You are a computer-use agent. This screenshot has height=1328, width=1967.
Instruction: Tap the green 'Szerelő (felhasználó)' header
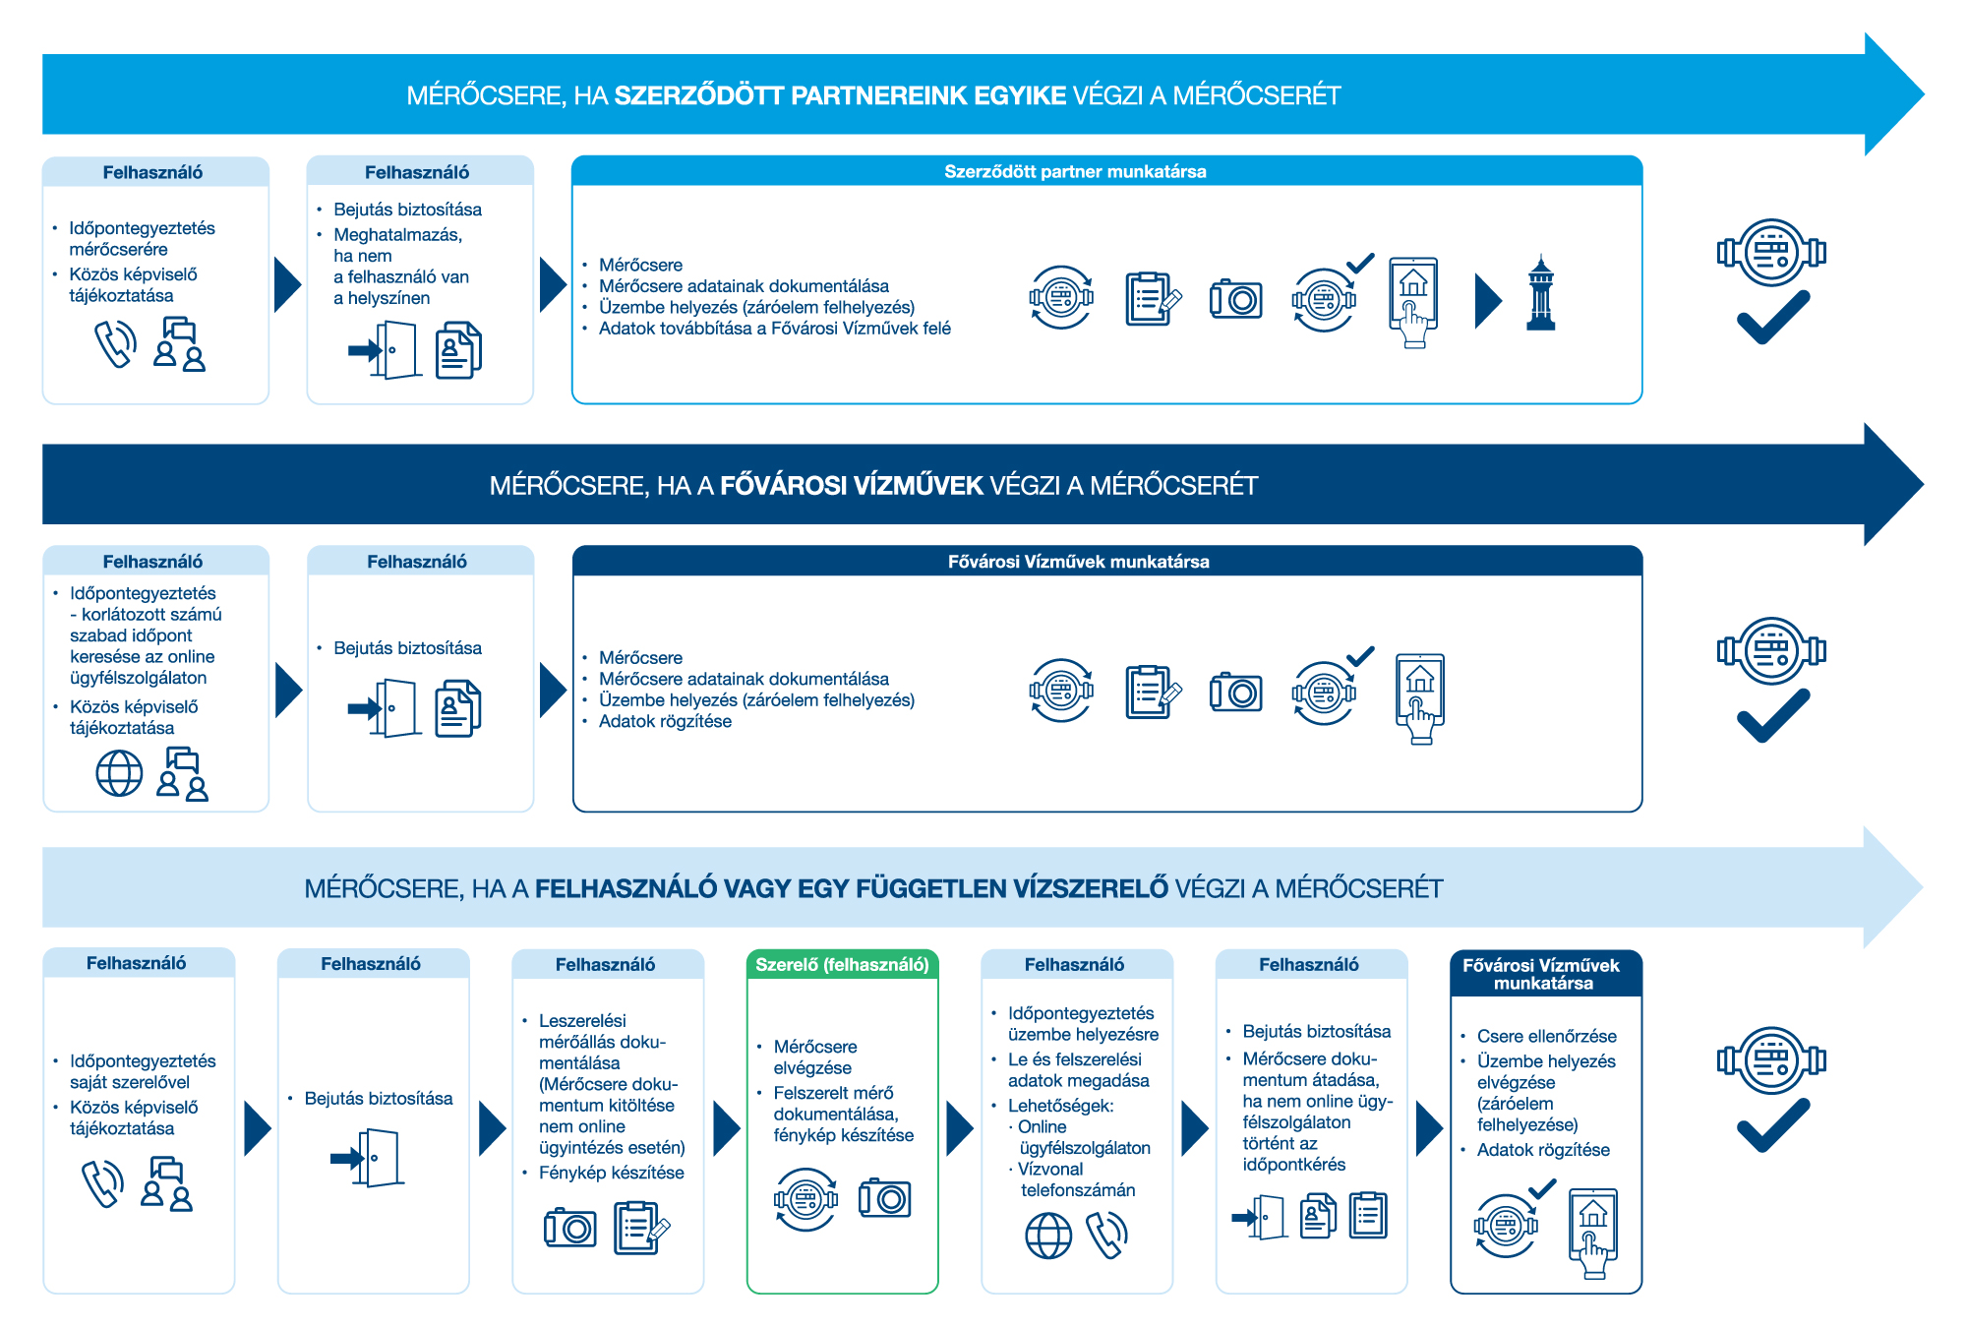click(x=842, y=965)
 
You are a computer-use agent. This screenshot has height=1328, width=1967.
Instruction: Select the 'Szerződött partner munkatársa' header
click(x=1075, y=171)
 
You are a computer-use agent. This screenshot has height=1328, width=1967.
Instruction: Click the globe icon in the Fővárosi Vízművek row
click(x=119, y=773)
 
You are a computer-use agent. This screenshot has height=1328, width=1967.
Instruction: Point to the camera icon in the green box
click(x=884, y=1198)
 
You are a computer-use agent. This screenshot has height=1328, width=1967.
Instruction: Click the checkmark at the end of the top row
click(x=1772, y=317)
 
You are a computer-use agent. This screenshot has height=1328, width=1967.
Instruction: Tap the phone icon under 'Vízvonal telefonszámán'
click(x=1106, y=1236)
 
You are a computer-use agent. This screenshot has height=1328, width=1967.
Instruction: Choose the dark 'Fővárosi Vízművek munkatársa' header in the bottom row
click(x=1544, y=974)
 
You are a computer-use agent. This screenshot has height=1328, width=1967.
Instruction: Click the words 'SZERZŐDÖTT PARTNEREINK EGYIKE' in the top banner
click(x=840, y=95)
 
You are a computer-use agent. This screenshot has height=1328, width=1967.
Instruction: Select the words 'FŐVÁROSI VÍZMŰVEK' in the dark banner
click(x=851, y=485)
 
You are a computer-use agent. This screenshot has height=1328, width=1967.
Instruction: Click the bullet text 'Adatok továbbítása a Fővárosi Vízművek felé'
click(x=774, y=329)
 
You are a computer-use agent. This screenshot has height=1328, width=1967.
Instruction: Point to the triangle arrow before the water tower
click(x=1488, y=301)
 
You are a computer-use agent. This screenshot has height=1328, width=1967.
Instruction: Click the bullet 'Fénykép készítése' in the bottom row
click(x=611, y=1173)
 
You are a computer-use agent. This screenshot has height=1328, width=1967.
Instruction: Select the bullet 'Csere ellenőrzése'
click(x=1546, y=1036)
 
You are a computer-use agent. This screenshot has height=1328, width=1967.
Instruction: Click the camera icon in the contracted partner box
click(x=1235, y=299)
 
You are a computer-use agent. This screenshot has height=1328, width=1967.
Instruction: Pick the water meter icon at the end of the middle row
click(x=1771, y=651)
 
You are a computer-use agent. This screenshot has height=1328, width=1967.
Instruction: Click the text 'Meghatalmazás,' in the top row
click(x=397, y=235)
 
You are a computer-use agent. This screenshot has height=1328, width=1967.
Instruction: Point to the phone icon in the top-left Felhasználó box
click(x=115, y=344)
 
